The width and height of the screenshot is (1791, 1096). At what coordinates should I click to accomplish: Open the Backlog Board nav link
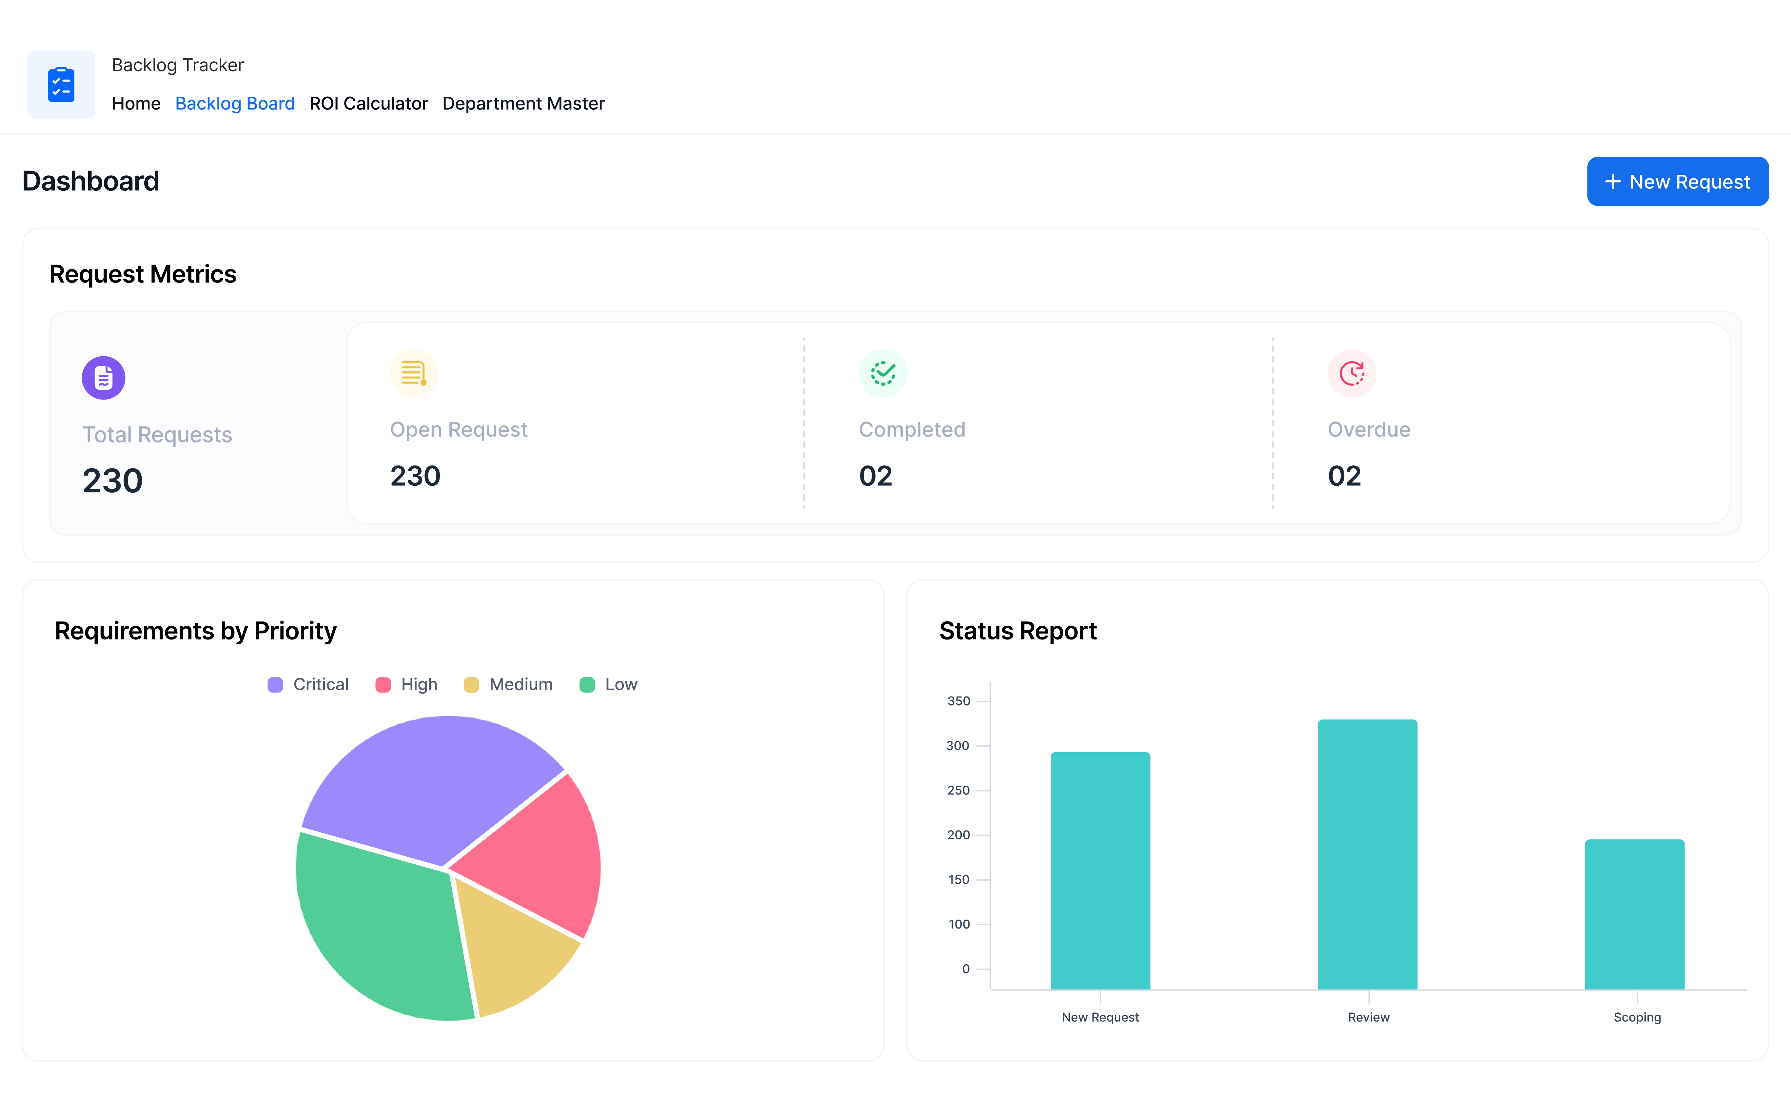(235, 104)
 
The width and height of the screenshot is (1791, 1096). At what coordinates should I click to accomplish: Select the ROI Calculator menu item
(368, 104)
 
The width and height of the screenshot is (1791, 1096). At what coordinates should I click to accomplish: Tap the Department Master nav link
(523, 104)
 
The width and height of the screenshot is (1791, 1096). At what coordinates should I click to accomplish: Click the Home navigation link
(136, 104)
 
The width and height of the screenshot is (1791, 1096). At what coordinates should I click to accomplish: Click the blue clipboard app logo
(61, 84)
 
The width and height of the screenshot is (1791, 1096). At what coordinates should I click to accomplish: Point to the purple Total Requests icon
(103, 378)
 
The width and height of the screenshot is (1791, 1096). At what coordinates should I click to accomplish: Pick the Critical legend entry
(308, 685)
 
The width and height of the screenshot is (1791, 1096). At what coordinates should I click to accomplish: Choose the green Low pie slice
(378, 930)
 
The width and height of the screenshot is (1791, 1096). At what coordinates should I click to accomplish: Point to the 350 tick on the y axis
(959, 701)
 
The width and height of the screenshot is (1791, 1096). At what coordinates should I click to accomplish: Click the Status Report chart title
(1018, 631)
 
